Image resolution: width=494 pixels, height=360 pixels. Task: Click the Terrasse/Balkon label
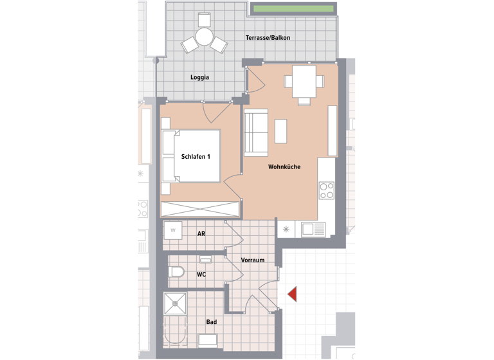(x=268, y=38)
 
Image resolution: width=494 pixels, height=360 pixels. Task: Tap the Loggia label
(x=199, y=78)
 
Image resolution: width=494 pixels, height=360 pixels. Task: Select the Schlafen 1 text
(x=196, y=156)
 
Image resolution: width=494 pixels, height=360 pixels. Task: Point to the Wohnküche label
(x=284, y=167)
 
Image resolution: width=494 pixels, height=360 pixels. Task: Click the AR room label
(x=201, y=234)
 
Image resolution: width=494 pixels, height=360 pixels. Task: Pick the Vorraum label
(x=253, y=260)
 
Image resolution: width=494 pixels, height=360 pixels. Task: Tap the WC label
(x=201, y=274)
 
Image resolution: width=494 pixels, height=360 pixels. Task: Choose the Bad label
(x=211, y=322)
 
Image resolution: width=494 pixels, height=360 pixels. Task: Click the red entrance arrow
(x=291, y=294)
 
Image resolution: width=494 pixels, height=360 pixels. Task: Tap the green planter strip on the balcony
(x=293, y=9)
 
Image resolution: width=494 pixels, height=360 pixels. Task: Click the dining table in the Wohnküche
(x=304, y=81)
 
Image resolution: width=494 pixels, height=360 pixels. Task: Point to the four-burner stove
(x=327, y=190)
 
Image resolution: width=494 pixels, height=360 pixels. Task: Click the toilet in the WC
(x=176, y=273)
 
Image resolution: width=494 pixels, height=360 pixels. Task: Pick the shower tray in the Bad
(x=175, y=303)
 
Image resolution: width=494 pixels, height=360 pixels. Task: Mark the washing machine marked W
(x=172, y=230)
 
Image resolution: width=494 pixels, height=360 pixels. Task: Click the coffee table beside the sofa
(x=280, y=131)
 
